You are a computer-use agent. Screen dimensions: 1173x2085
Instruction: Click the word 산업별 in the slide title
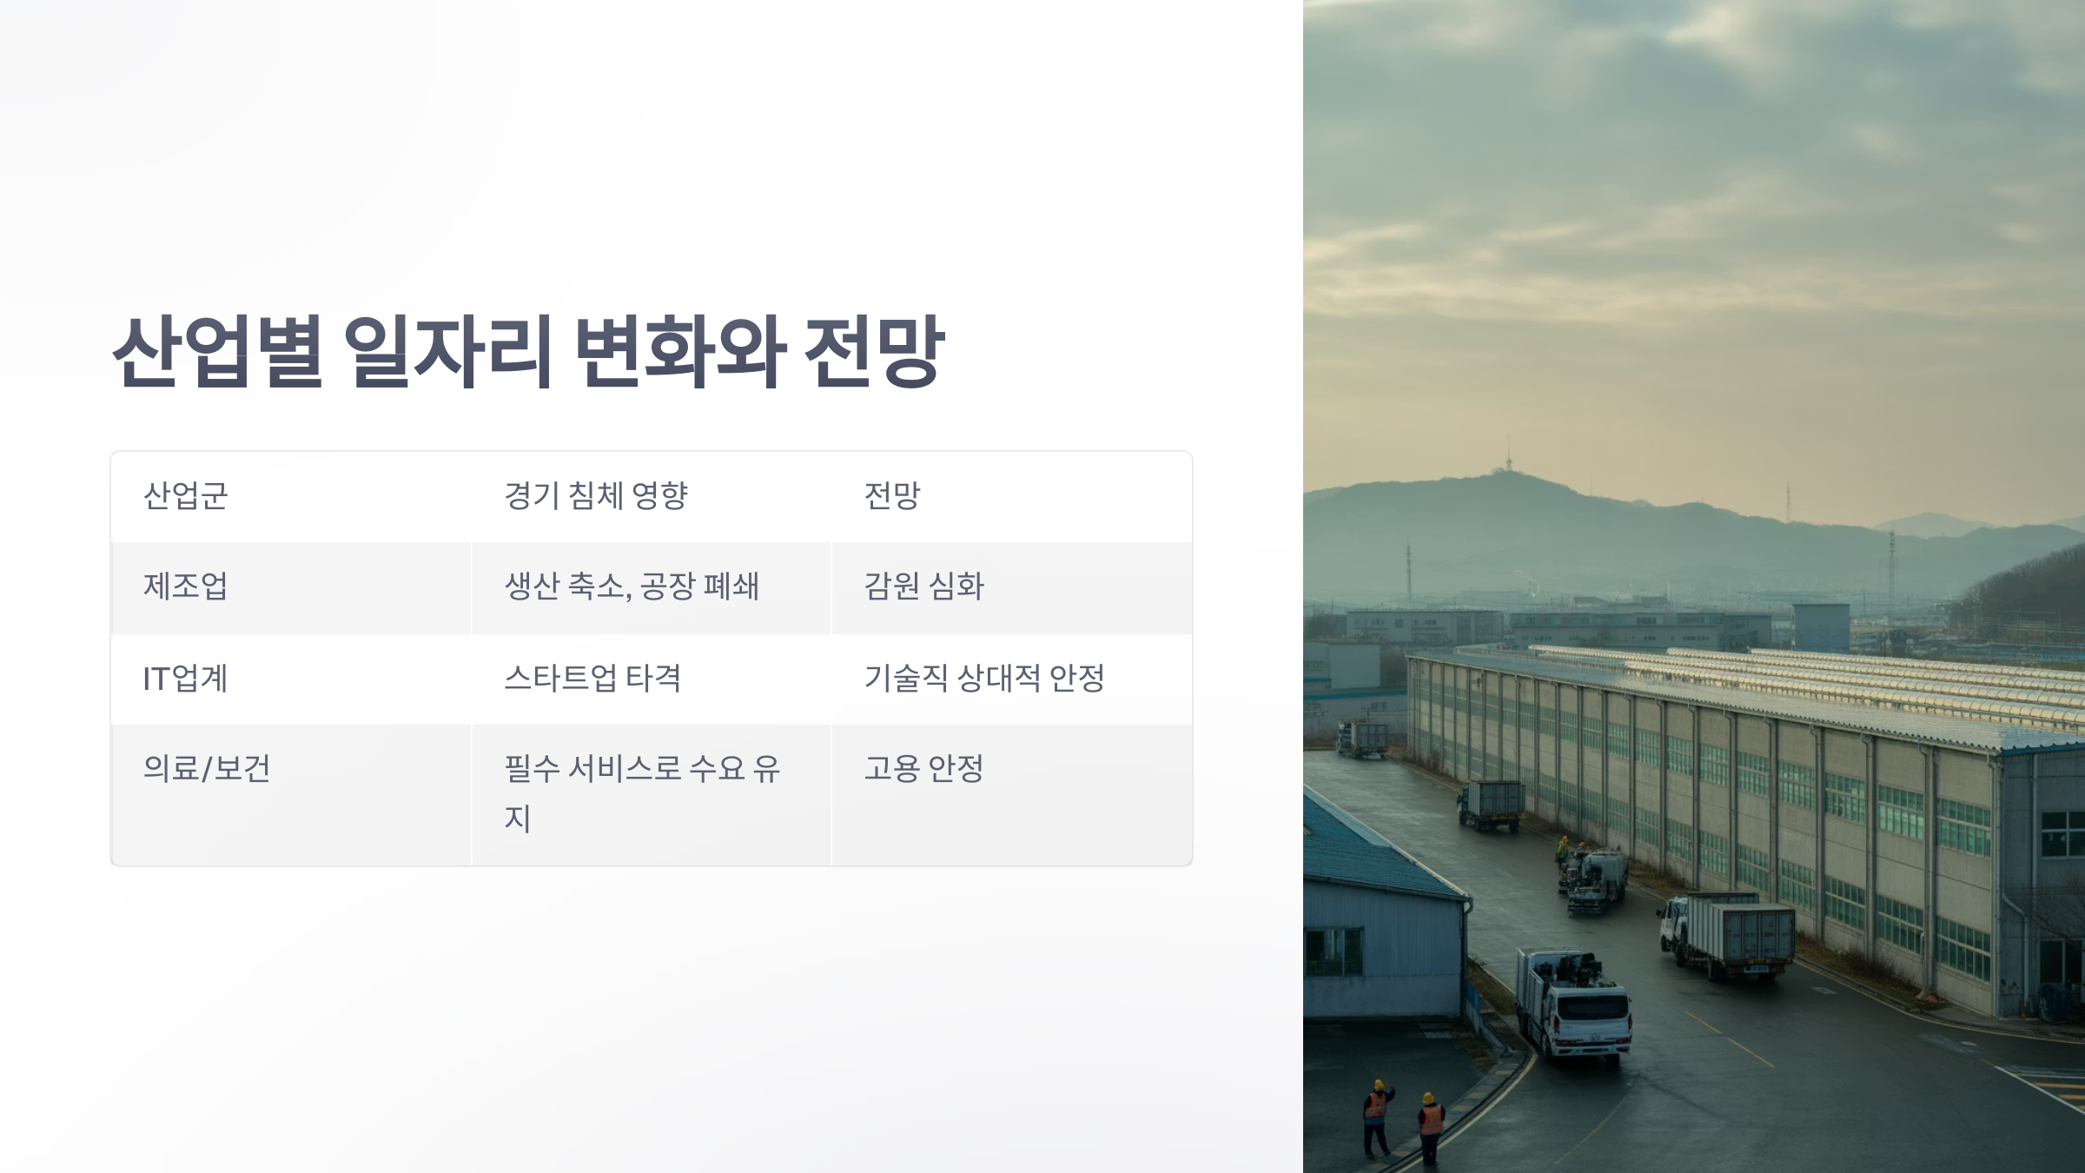pyautogui.click(x=217, y=352)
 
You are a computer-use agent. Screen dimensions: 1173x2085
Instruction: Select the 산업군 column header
pyautogui.click(x=185, y=496)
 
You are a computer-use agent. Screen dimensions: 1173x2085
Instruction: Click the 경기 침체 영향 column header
pyautogui.click(x=596, y=496)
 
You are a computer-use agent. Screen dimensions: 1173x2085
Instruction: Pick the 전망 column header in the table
pyautogui.click(x=891, y=496)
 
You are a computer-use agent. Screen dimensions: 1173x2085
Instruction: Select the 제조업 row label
pyautogui.click(x=185, y=586)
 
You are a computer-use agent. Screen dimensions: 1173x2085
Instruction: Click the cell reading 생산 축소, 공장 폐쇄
pyautogui.click(x=632, y=586)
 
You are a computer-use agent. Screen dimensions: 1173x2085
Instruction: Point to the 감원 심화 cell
pyautogui.click(x=923, y=586)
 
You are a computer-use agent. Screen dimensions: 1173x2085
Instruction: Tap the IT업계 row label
pyautogui.click(x=185, y=679)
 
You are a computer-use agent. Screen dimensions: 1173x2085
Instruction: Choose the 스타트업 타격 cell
pyautogui.click(x=592, y=679)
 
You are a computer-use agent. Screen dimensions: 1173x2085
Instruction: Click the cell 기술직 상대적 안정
pyautogui.click(x=983, y=679)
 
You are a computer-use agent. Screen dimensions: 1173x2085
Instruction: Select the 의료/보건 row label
pyautogui.click(x=207, y=769)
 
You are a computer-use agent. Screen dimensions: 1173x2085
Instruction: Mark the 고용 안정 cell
pyautogui.click(x=923, y=769)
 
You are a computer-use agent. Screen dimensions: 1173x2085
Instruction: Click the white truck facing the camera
pyautogui.click(x=1574, y=1008)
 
